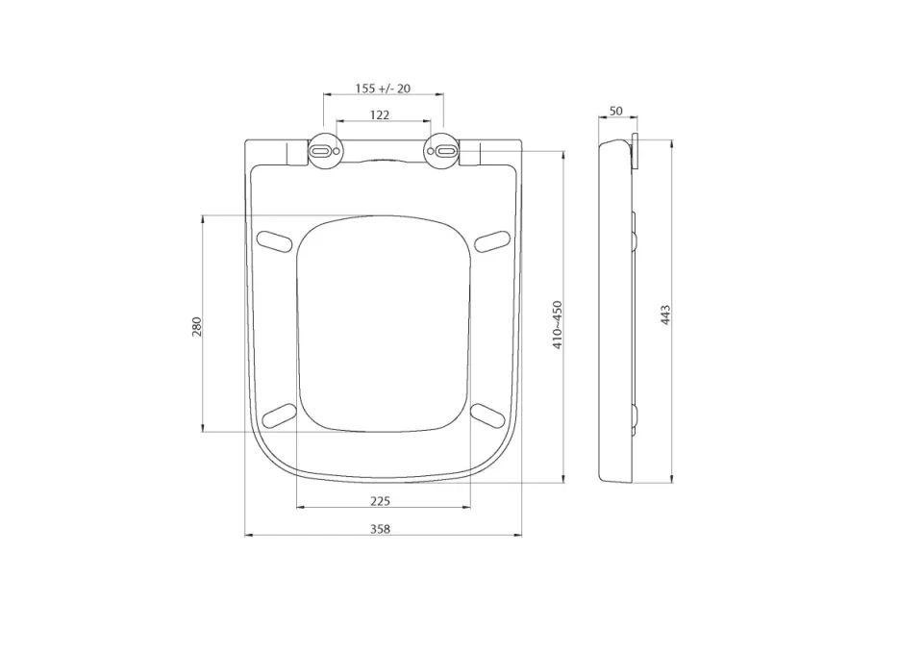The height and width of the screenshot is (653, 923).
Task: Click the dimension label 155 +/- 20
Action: [383, 88]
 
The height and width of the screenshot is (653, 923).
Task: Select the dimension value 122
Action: [380, 114]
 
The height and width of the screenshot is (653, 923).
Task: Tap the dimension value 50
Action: [615, 112]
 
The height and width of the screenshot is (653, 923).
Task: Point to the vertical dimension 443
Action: [664, 314]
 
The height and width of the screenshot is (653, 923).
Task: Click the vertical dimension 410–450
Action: [557, 324]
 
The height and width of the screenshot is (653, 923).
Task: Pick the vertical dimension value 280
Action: [197, 326]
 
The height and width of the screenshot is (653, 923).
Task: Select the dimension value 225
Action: [380, 500]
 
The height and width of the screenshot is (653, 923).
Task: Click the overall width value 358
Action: [381, 529]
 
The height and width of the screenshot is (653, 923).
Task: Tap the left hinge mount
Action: [323, 152]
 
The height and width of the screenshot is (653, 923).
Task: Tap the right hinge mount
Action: [443, 152]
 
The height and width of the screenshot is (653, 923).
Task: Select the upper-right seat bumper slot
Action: [491, 240]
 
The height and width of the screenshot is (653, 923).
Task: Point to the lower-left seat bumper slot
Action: [278, 414]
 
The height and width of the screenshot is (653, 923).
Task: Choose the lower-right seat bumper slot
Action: [488, 414]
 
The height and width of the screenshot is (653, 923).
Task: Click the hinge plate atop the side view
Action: [633, 152]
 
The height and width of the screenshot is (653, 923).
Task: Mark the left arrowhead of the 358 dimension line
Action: [247, 536]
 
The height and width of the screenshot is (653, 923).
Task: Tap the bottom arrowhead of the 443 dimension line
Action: [671, 479]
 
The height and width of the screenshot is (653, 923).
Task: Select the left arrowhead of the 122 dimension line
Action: [338, 122]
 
